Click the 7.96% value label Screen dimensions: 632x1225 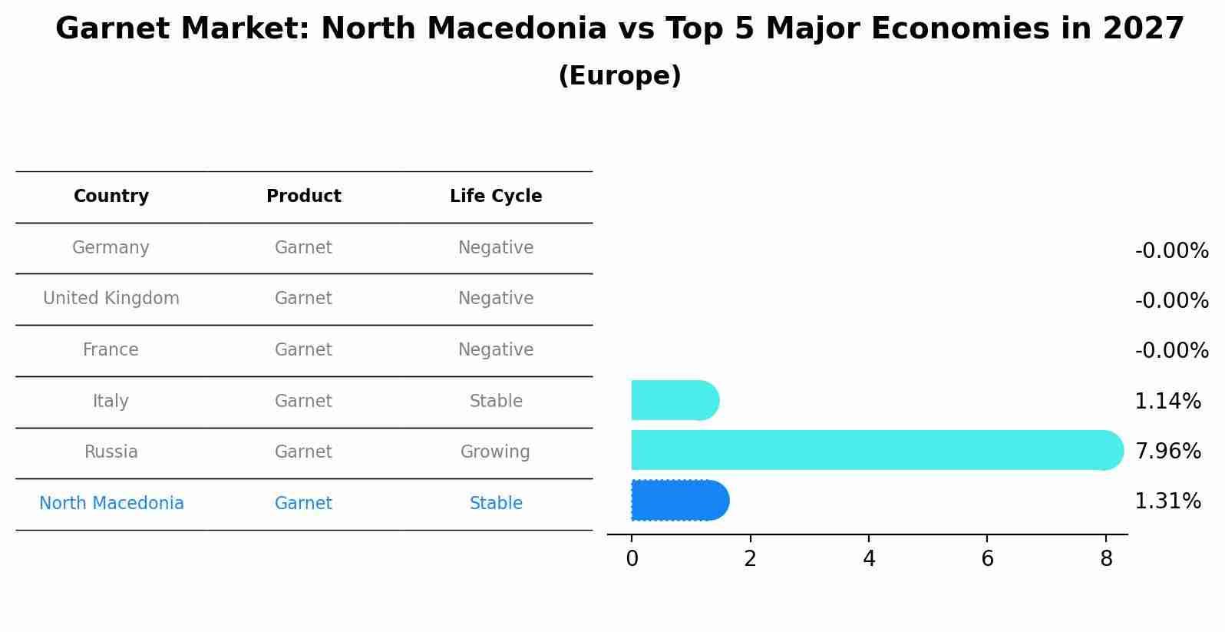pyautogui.click(x=1167, y=451)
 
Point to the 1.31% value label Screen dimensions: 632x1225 pyautogui.click(x=1167, y=501)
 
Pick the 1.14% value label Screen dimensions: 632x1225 pyautogui.click(x=1167, y=401)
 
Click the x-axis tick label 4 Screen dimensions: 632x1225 pyautogui.click(x=869, y=559)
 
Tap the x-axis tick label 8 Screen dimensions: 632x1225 pyautogui.click(x=1106, y=559)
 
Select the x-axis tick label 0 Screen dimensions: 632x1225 pyautogui.click(x=632, y=559)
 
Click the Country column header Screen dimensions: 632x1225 pyautogui.click(x=111, y=197)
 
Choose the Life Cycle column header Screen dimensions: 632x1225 pyautogui.click(x=496, y=197)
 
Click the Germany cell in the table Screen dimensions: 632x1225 pyautogui.click(x=111, y=248)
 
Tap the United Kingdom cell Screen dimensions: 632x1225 pyautogui.click(x=111, y=299)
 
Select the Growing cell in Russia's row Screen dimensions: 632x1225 pyautogui.click(x=495, y=452)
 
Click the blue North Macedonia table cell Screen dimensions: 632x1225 pyautogui.click(x=111, y=504)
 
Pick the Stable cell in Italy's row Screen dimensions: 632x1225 pyautogui.click(x=496, y=402)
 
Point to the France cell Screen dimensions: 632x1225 pyautogui.click(x=111, y=350)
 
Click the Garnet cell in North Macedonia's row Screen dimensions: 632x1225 pyautogui.click(x=303, y=504)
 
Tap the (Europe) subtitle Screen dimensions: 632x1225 pyautogui.click(x=619, y=76)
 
